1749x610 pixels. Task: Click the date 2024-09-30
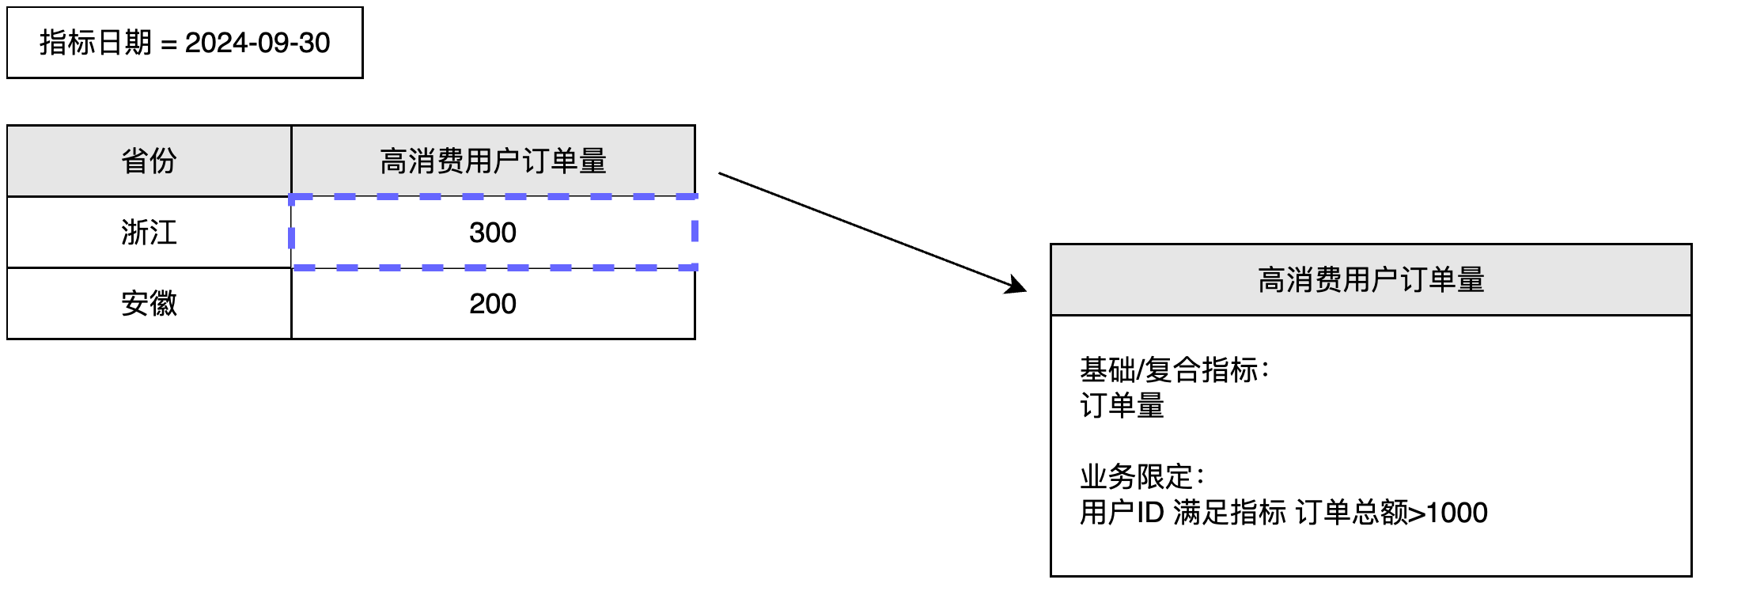(257, 43)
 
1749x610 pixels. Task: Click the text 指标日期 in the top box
(95, 43)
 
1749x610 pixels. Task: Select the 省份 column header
(149, 161)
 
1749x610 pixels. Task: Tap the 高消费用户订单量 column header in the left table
(493, 161)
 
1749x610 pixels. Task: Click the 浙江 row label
(149, 233)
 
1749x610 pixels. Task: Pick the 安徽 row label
(149, 304)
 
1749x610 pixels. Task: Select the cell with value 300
(493, 233)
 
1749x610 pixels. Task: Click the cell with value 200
(493, 304)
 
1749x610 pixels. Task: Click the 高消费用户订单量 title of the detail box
(1371, 280)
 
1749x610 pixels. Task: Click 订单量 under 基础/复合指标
(1122, 406)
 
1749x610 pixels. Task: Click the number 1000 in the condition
(1457, 513)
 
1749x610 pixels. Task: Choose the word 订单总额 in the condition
(1352, 513)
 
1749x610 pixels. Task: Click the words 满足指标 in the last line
(1230, 513)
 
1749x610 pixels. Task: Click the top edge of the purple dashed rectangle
(493, 196)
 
